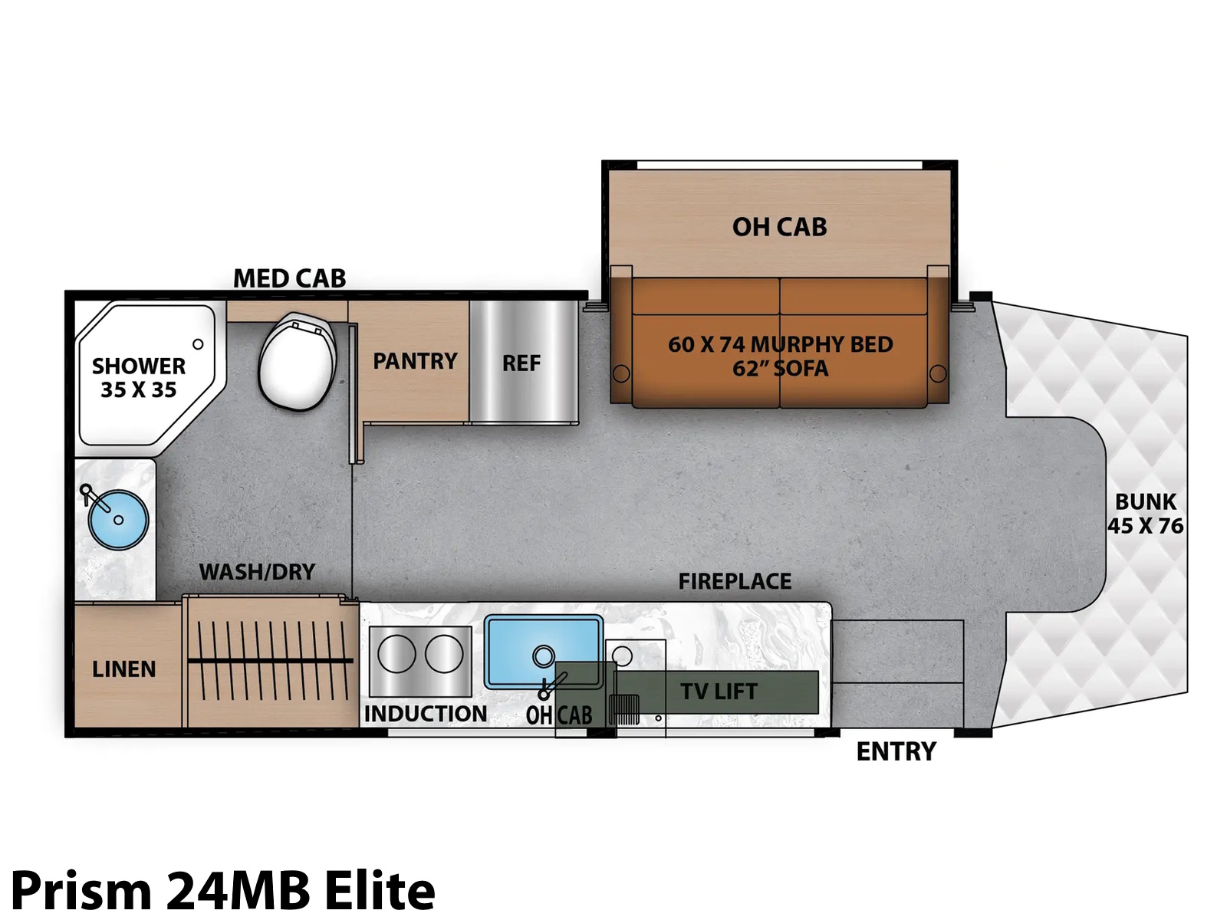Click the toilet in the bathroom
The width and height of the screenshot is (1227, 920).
pyautogui.click(x=297, y=362)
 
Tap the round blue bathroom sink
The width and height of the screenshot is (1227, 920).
pyautogui.click(x=118, y=520)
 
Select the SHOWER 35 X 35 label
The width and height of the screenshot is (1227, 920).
pyautogui.click(x=139, y=378)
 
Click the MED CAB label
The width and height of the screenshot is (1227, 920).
pyautogui.click(x=289, y=278)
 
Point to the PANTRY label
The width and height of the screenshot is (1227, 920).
pyautogui.click(x=415, y=361)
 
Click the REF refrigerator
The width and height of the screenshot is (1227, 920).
pyautogui.click(x=523, y=362)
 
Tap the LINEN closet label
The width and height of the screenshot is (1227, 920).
pyautogui.click(x=123, y=669)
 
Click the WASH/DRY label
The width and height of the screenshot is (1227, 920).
pyautogui.click(x=257, y=571)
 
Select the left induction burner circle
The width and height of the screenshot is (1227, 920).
pyautogui.click(x=396, y=653)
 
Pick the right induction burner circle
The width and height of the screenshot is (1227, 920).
pyautogui.click(x=444, y=653)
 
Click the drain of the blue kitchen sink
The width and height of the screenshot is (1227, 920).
pyautogui.click(x=543, y=655)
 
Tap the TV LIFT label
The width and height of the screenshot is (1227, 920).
pyautogui.click(x=719, y=692)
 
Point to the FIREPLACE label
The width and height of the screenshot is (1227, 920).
pyautogui.click(x=735, y=581)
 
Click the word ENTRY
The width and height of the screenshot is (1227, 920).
pyautogui.click(x=896, y=751)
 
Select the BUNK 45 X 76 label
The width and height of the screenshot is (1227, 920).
pyautogui.click(x=1146, y=514)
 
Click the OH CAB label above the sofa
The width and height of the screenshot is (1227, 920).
pyautogui.click(x=779, y=227)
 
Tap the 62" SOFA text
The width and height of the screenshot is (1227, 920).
pyautogui.click(x=781, y=369)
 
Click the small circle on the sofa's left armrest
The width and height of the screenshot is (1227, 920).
pyautogui.click(x=621, y=373)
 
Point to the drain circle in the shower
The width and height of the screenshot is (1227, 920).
pyautogui.click(x=198, y=344)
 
